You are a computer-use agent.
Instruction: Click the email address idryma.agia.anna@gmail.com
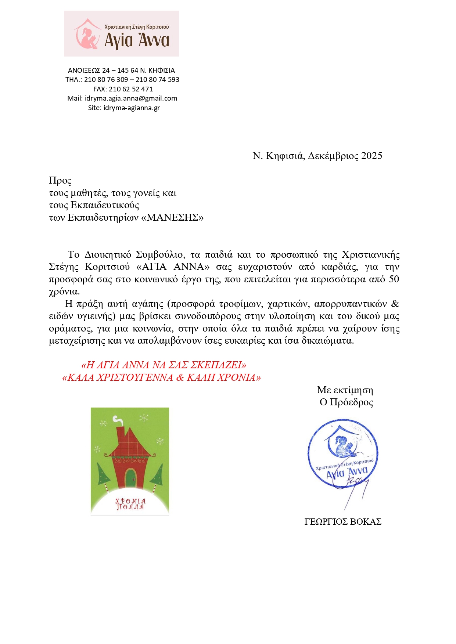click(x=131, y=98)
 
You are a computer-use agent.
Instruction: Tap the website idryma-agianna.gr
click(x=132, y=108)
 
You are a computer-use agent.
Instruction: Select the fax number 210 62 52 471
click(x=131, y=89)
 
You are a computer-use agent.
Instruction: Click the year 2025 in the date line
click(x=371, y=156)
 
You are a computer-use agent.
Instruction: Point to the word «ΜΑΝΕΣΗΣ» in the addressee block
click(x=172, y=218)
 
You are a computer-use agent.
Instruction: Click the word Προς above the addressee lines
click(x=60, y=181)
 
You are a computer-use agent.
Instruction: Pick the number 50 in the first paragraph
click(x=394, y=279)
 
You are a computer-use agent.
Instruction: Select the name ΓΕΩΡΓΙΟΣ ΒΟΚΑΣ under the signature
click(x=343, y=522)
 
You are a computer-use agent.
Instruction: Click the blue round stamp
click(x=343, y=453)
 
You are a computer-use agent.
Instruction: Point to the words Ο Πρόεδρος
click(x=346, y=402)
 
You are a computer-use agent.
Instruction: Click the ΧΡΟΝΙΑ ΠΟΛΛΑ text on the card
click(x=130, y=504)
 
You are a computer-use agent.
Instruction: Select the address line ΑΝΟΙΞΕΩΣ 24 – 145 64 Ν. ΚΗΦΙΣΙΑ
click(x=122, y=70)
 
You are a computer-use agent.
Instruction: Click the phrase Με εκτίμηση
click(x=345, y=390)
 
